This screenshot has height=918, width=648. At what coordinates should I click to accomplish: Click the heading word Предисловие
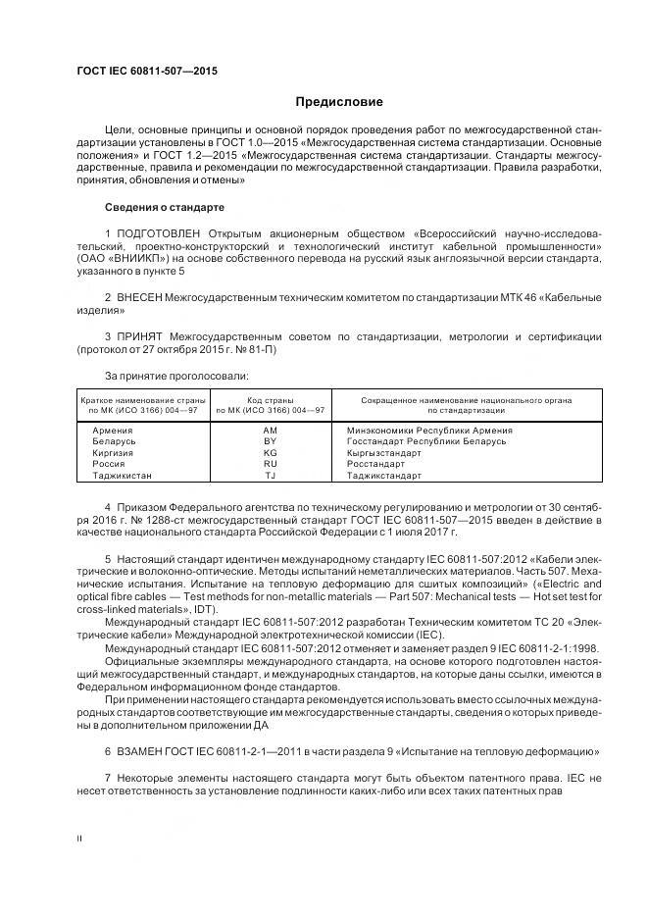tap(340, 102)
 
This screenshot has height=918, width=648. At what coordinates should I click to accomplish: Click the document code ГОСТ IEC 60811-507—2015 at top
tap(146, 72)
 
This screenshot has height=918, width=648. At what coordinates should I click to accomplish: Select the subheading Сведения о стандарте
tap(165, 208)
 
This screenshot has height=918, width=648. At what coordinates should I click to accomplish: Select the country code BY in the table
tap(271, 442)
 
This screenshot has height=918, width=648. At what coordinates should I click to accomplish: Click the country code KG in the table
tap(271, 453)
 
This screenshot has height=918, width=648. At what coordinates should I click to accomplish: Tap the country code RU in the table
tap(271, 464)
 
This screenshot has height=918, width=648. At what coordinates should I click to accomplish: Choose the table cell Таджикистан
tap(123, 476)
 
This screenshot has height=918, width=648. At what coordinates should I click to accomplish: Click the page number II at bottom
tap(80, 839)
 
